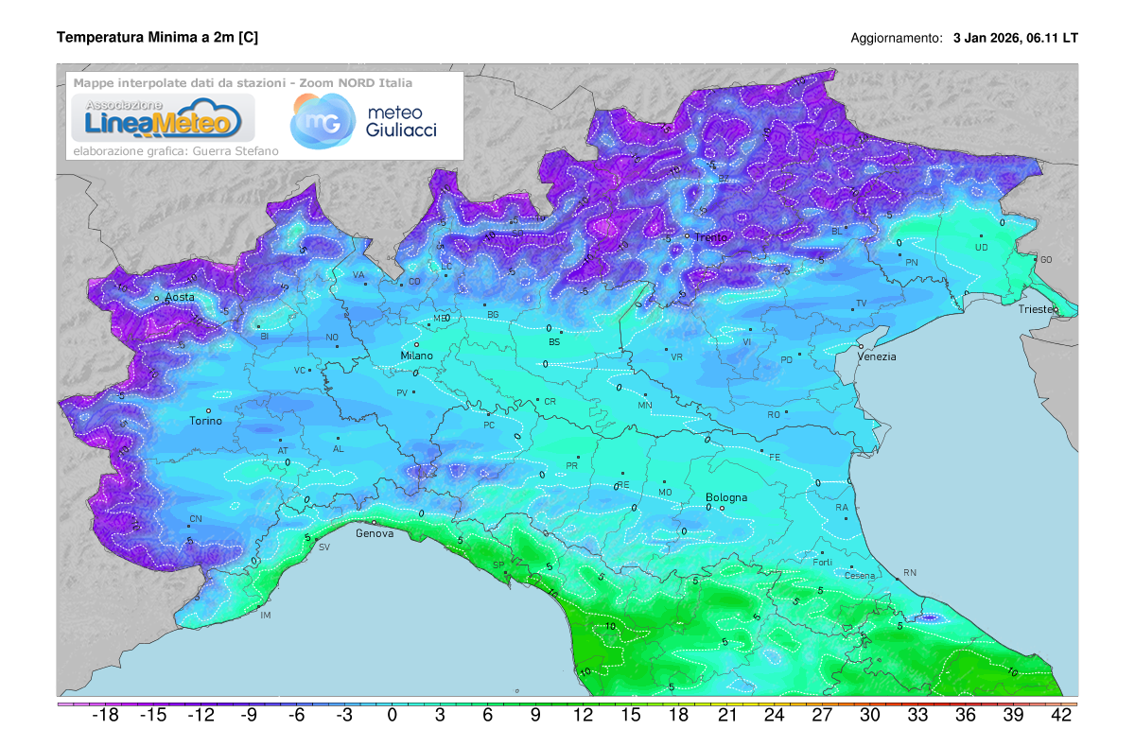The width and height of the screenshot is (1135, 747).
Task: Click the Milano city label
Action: pos(416,356)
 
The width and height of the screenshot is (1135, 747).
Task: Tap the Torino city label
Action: pos(206,421)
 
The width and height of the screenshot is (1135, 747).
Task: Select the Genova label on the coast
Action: pos(374,533)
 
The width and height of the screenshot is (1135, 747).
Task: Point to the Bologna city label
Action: pos(726,497)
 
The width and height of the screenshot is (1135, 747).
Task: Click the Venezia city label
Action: pos(877,356)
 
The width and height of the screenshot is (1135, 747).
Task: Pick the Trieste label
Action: pos(1039,309)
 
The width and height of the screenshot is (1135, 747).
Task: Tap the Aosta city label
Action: pos(180,297)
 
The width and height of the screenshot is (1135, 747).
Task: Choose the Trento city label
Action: pos(711,237)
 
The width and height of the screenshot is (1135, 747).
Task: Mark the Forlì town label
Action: pos(822,563)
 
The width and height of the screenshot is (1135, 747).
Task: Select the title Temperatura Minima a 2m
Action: pos(157,37)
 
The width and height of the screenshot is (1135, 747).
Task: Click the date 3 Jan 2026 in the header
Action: pos(987,39)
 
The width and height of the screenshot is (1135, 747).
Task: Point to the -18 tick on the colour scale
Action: pos(104,716)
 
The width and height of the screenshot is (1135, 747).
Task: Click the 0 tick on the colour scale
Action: pos(392,716)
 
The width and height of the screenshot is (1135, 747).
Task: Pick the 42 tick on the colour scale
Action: pos(1061,716)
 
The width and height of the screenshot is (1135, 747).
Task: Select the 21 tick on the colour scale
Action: pos(726,716)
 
